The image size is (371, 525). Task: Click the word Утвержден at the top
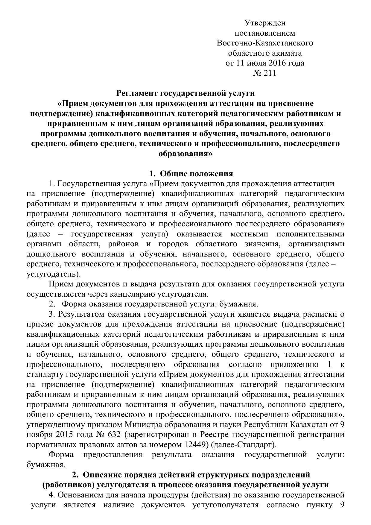point(265,23)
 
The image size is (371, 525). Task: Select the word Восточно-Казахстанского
point(265,43)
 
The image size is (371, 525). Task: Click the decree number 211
point(270,73)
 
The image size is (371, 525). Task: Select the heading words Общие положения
point(196,174)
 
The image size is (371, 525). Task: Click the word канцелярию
point(133,294)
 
